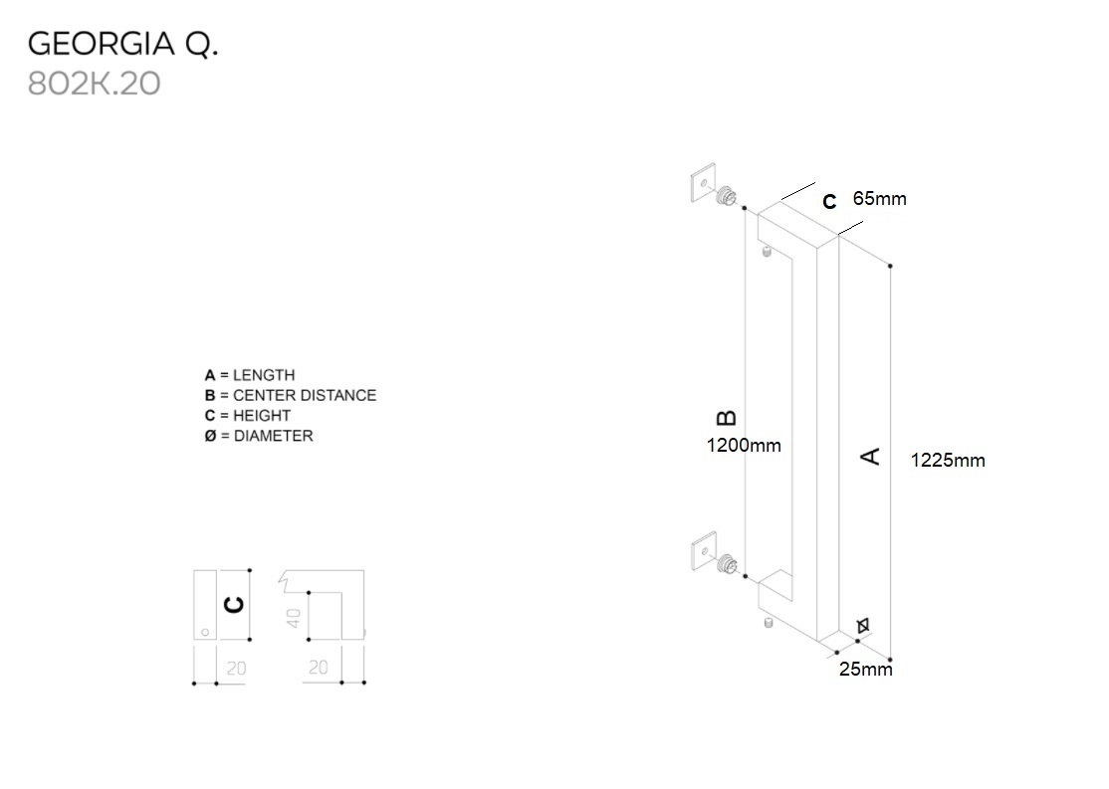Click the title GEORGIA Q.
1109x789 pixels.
click(122, 44)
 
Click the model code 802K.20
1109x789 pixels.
click(94, 84)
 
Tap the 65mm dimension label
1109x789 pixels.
click(880, 199)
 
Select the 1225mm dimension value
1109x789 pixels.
click(948, 460)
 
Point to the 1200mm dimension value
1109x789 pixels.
click(744, 445)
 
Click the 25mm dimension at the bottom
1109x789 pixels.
click(865, 669)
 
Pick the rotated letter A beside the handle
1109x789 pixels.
click(870, 456)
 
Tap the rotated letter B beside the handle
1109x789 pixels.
click(727, 418)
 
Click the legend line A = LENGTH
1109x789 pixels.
click(250, 375)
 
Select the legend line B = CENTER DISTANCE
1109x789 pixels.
click(291, 395)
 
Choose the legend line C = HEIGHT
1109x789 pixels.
click(248, 415)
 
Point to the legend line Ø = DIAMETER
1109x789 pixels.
click(259, 435)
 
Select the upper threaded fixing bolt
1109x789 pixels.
click(729, 195)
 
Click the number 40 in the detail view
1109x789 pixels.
click(294, 617)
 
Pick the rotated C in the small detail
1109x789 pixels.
click(234, 605)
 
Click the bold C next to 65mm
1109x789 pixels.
click(829, 202)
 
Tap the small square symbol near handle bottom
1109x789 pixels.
click(863, 625)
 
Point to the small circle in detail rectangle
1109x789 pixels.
click(203, 631)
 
